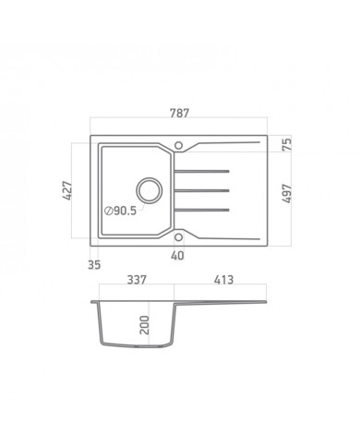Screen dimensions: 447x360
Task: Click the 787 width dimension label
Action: pos(180,114)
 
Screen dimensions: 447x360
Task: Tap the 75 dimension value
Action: pos(286,144)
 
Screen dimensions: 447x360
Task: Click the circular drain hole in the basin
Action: pos(148,189)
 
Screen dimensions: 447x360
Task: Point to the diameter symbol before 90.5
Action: pos(109,211)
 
